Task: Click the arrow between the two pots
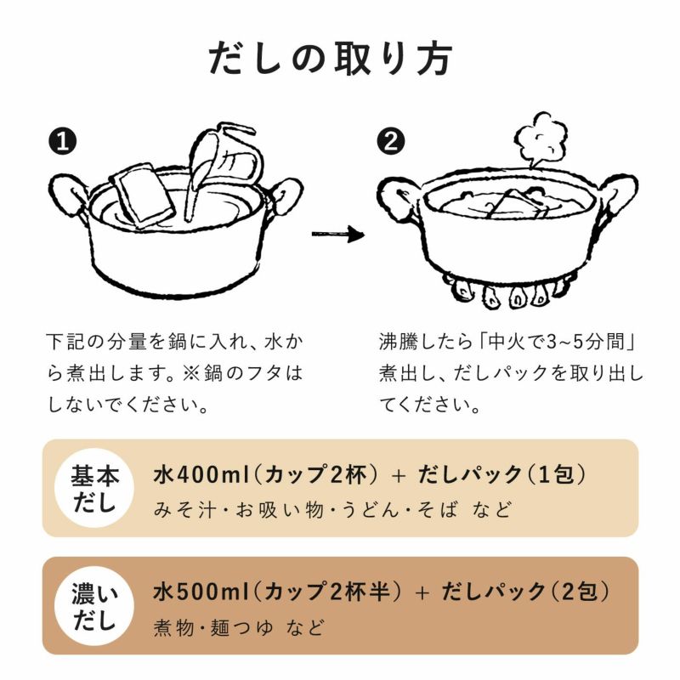(337, 235)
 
